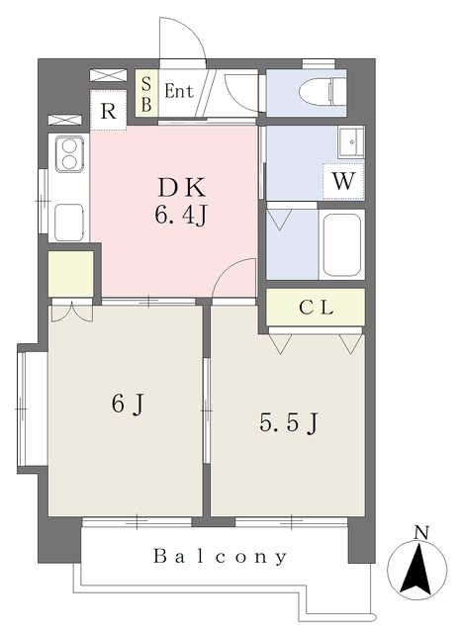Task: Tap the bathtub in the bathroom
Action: (342, 244)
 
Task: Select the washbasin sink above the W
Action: (351, 142)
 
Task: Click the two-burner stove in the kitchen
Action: (69, 152)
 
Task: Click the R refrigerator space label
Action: (108, 111)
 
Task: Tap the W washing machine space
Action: (343, 181)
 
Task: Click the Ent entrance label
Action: (179, 91)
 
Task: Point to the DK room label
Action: (181, 188)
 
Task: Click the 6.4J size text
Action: (180, 216)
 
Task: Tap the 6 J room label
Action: (128, 404)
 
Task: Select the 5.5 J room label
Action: (289, 423)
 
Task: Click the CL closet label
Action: (316, 308)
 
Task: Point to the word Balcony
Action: (221, 556)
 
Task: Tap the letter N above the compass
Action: (421, 533)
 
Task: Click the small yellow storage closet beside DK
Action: (70, 274)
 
